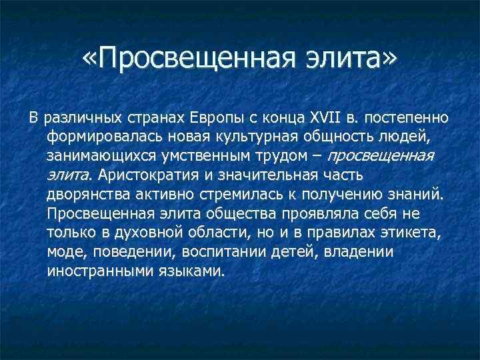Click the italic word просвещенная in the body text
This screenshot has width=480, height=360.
click(x=381, y=156)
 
